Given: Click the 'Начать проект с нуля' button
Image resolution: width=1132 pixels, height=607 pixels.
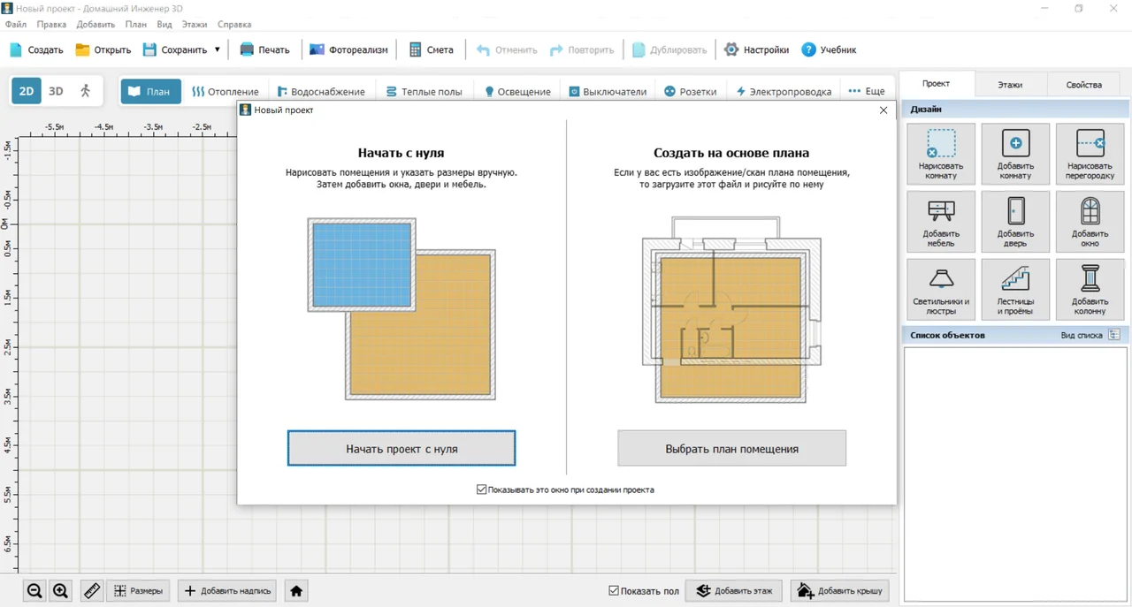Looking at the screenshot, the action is [x=402, y=449].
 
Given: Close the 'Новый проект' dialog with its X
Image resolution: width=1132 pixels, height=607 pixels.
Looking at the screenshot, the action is [x=883, y=110].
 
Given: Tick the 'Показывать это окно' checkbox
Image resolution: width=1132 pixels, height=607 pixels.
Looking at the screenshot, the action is [x=482, y=489].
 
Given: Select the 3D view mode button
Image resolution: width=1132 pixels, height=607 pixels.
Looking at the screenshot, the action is [x=56, y=91].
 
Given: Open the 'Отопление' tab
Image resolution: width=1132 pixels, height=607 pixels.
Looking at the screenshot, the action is [x=226, y=91].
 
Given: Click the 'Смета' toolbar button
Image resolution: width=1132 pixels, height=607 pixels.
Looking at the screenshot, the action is [x=431, y=49].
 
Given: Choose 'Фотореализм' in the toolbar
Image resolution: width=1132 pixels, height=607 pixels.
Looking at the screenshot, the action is [x=348, y=49].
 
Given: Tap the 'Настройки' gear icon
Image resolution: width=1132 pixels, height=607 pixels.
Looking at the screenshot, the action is [x=731, y=49].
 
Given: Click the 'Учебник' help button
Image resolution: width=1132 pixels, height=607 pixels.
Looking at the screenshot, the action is [x=829, y=49].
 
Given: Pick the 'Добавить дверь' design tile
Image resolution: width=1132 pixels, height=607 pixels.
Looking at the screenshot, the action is [x=1015, y=222].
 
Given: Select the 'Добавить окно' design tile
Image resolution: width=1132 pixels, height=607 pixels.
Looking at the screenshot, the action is [x=1090, y=222].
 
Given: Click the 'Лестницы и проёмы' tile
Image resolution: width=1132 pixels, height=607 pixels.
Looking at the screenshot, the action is [x=1015, y=289].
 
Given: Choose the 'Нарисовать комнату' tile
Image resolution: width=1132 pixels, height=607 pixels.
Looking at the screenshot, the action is [x=941, y=154].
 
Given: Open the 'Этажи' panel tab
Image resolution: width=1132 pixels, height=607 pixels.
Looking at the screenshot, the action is [x=1010, y=84].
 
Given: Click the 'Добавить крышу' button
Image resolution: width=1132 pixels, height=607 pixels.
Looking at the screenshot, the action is [x=840, y=590].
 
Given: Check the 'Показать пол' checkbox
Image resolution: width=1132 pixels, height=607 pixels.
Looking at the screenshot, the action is [x=614, y=590].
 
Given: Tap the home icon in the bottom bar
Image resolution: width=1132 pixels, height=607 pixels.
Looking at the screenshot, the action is [x=296, y=590].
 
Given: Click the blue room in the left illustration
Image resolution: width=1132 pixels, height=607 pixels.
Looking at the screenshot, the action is [x=362, y=264].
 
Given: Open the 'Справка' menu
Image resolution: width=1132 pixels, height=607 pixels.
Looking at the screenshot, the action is [x=234, y=24].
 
